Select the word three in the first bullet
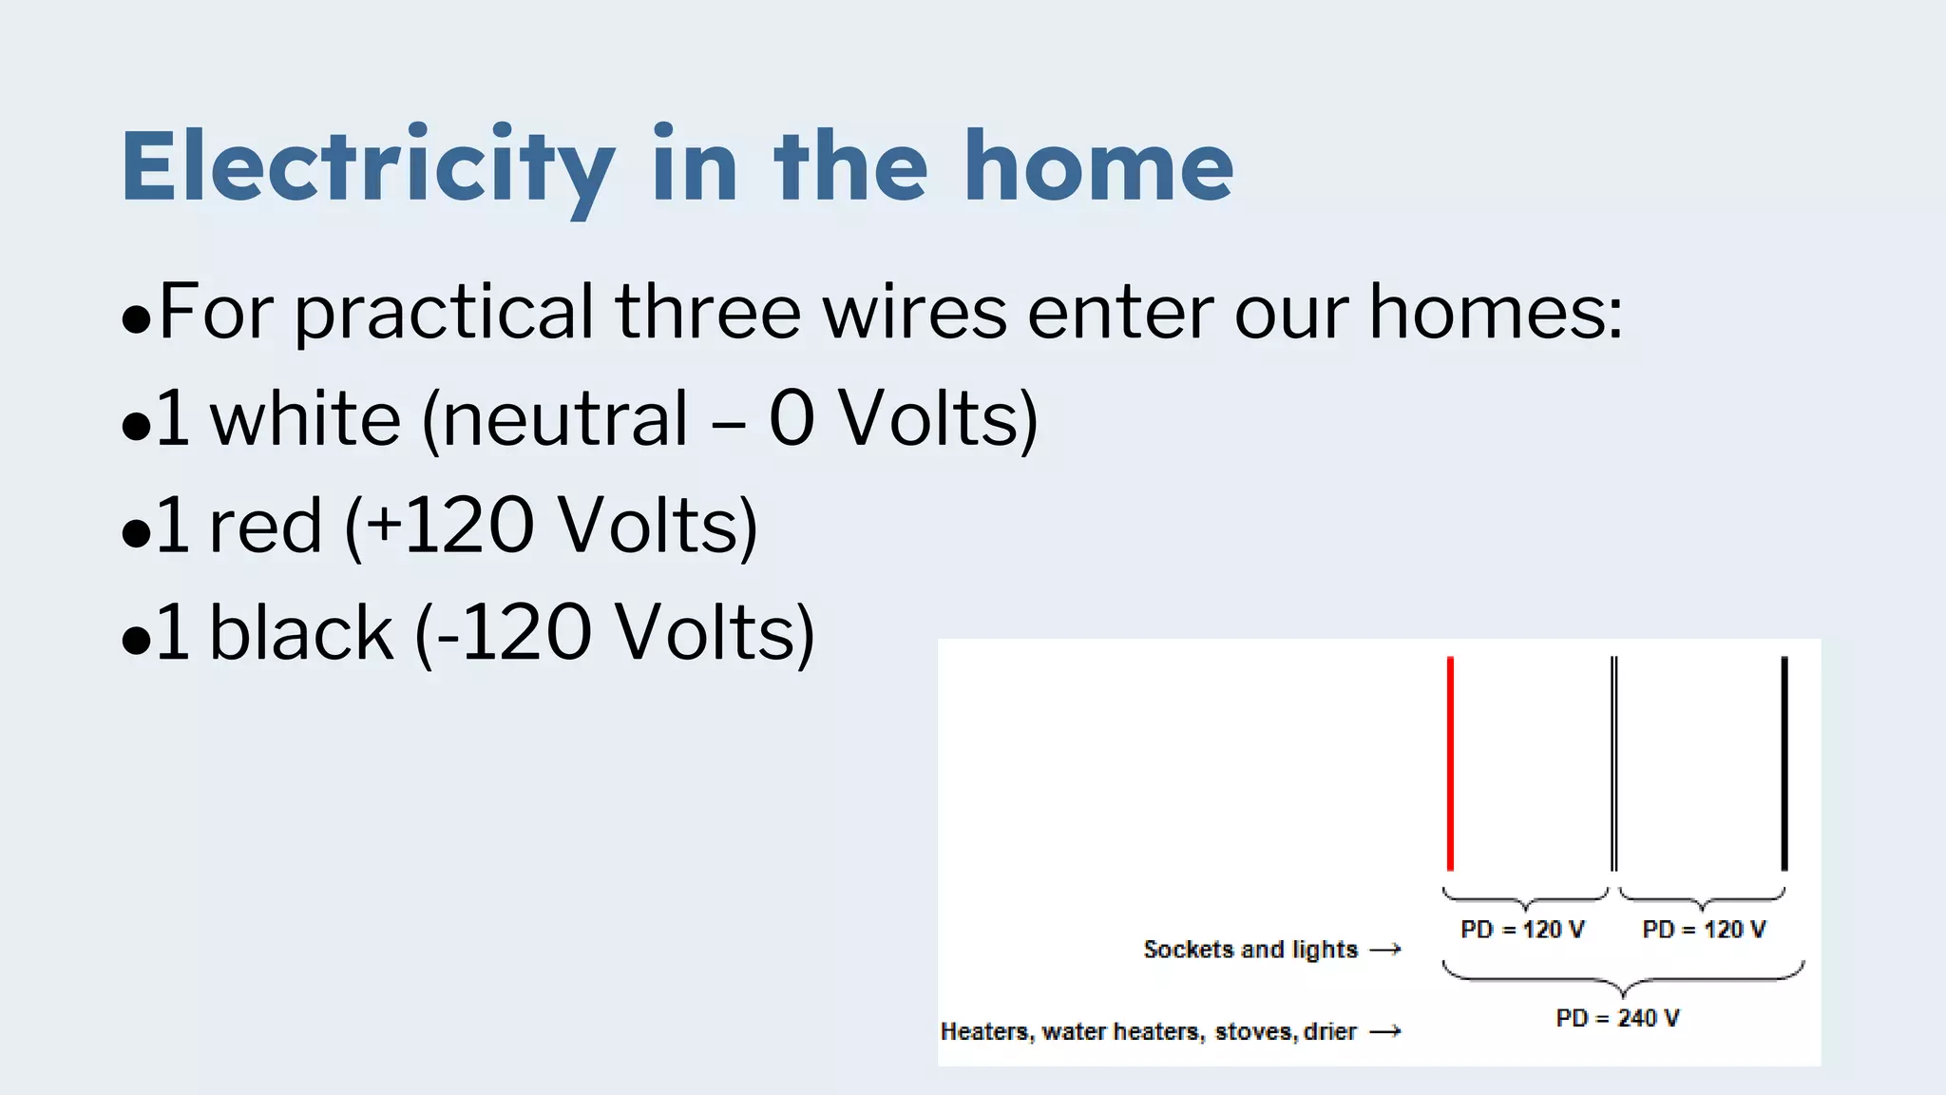[709, 313]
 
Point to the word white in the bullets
[305, 419]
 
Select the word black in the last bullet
[300, 633]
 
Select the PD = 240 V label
[1617, 1018]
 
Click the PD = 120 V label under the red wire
[1522, 930]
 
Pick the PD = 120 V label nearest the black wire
[1704, 930]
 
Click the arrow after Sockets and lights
[1385, 950]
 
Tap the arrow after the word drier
[1385, 1031]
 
